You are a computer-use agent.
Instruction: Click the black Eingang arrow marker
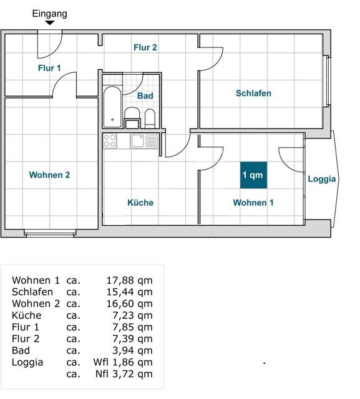(50, 22)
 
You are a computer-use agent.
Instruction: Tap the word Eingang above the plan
(50, 14)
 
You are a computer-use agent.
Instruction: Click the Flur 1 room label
(49, 68)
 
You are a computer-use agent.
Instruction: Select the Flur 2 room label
(145, 47)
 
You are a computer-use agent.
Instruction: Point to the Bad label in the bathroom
(145, 96)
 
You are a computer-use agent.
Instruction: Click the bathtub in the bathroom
(112, 107)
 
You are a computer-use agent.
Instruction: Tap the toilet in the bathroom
(150, 118)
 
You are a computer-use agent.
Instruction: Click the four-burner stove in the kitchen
(110, 141)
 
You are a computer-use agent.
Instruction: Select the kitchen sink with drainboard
(144, 141)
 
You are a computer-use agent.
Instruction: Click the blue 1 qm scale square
(253, 175)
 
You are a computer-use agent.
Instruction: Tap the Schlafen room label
(253, 93)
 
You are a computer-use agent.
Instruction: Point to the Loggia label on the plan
(322, 179)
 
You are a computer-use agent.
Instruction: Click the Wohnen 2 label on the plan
(49, 175)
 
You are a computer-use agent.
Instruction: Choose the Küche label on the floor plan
(140, 203)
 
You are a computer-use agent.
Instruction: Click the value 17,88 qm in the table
(129, 281)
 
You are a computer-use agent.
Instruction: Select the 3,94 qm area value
(132, 350)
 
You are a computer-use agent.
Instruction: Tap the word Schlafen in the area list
(32, 292)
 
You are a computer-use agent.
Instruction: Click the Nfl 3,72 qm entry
(124, 374)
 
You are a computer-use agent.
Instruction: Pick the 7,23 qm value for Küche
(132, 315)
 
